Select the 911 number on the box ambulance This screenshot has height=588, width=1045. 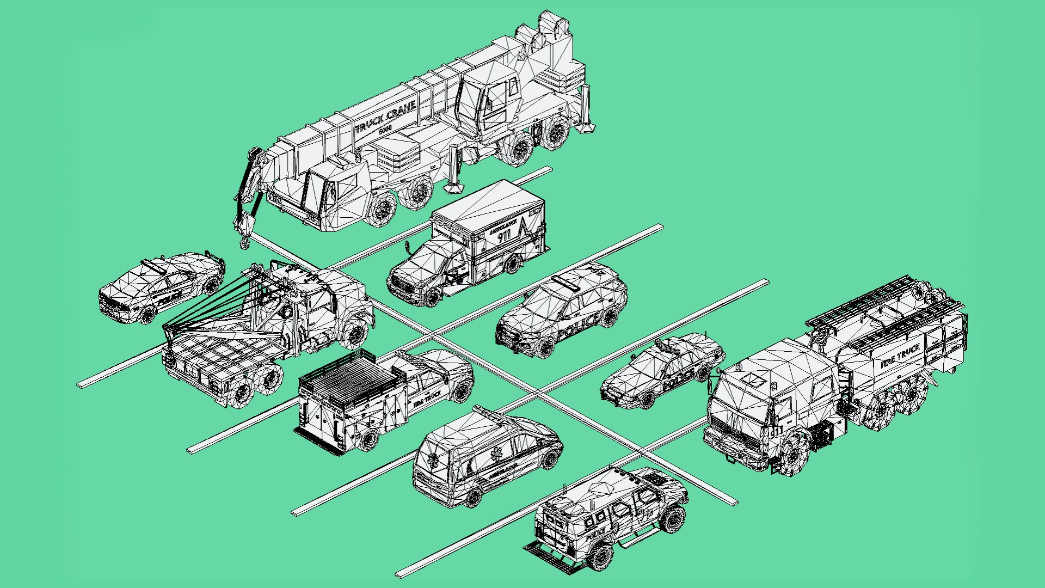coord(504,236)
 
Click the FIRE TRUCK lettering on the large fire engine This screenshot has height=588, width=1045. coord(900,355)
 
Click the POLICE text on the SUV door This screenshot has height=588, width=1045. coord(579,325)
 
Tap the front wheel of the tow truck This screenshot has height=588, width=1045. coord(356,334)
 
